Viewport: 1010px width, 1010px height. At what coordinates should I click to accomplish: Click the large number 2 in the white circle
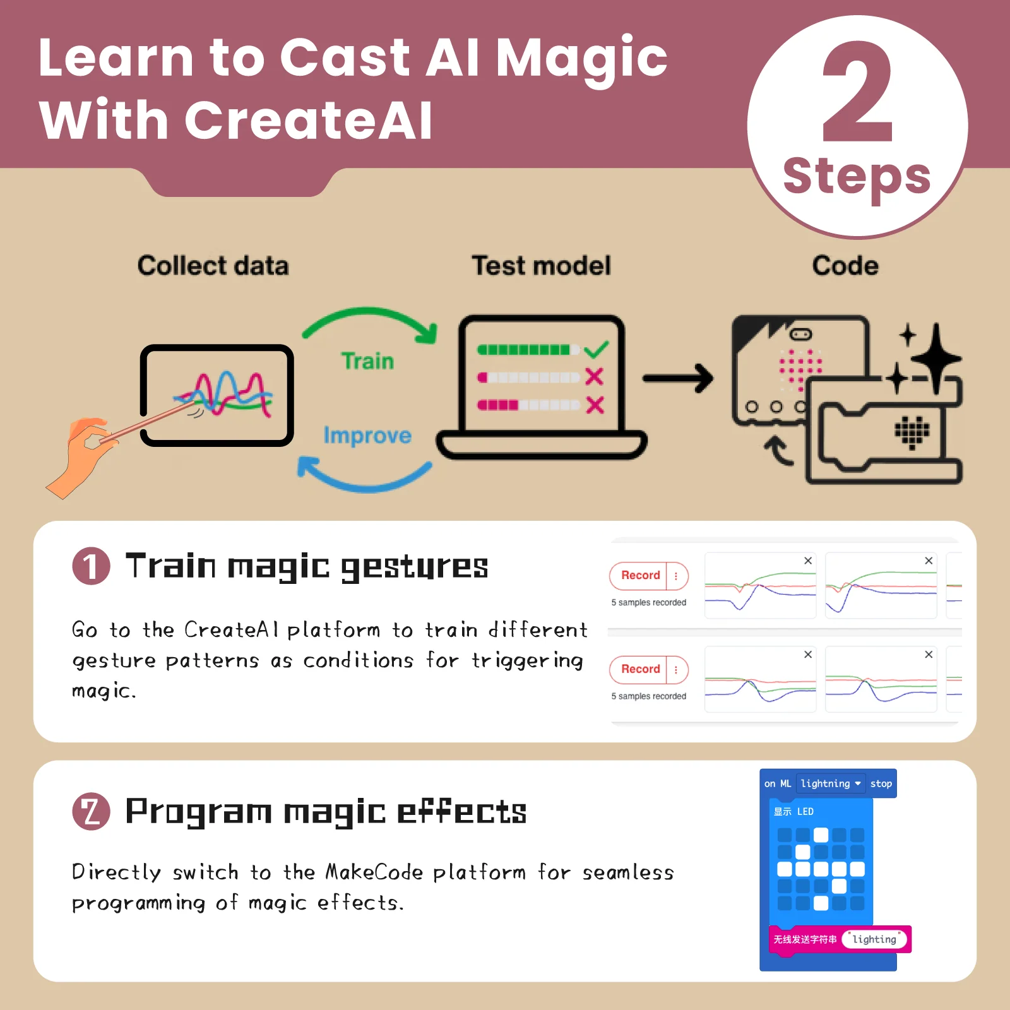[858, 92]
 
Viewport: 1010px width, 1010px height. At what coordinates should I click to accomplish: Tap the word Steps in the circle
[857, 177]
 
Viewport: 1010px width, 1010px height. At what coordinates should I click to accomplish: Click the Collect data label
[213, 266]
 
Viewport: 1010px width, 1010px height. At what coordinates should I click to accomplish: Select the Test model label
[542, 266]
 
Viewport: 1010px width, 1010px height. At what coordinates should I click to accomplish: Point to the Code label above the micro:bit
[845, 266]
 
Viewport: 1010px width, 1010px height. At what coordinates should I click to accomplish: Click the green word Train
[367, 361]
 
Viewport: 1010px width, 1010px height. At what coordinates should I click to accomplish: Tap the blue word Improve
[367, 436]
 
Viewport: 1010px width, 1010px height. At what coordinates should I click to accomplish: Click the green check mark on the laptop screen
[596, 349]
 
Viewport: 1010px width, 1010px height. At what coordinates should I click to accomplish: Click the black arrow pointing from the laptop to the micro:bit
[678, 379]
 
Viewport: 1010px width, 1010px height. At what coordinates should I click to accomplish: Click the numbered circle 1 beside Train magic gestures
[91, 566]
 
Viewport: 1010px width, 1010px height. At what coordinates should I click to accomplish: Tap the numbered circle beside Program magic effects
[91, 811]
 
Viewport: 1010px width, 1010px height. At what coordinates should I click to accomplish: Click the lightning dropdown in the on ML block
[831, 783]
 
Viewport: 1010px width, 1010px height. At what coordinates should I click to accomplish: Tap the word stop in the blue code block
[881, 784]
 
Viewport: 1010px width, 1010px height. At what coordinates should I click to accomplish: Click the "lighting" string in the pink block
[874, 939]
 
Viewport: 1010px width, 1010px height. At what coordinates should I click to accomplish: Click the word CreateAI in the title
[308, 120]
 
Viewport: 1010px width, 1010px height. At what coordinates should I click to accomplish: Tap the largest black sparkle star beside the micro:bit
[936, 359]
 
